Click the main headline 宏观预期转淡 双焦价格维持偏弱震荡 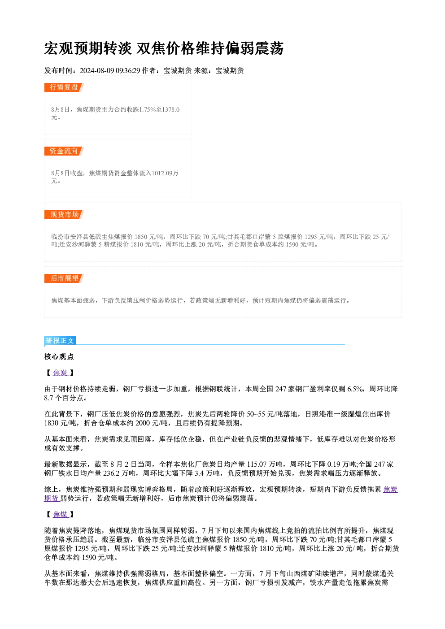(164, 48)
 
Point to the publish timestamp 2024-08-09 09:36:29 (110, 70)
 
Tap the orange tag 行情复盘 (64, 87)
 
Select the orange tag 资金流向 (64, 151)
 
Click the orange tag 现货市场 (64, 215)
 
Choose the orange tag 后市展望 (64, 278)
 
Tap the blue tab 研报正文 (60, 341)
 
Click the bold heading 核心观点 (59, 357)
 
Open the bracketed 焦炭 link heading (61, 373)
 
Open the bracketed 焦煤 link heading (61, 514)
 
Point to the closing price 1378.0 (171, 109)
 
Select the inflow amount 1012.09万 (165, 173)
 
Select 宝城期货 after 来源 (230, 70)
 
